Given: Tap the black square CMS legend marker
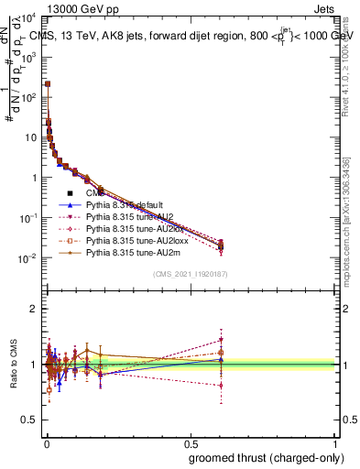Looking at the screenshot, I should coord(70,193).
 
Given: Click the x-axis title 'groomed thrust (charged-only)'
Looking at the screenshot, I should coord(263,456).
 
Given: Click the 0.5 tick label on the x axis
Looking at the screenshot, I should coord(191,442).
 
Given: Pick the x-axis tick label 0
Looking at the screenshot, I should coord(46,442).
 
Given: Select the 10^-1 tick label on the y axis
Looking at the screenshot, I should coord(29,218).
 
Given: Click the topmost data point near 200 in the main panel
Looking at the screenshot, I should coord(48,83).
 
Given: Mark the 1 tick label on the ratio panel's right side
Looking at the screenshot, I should coord(344,365).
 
